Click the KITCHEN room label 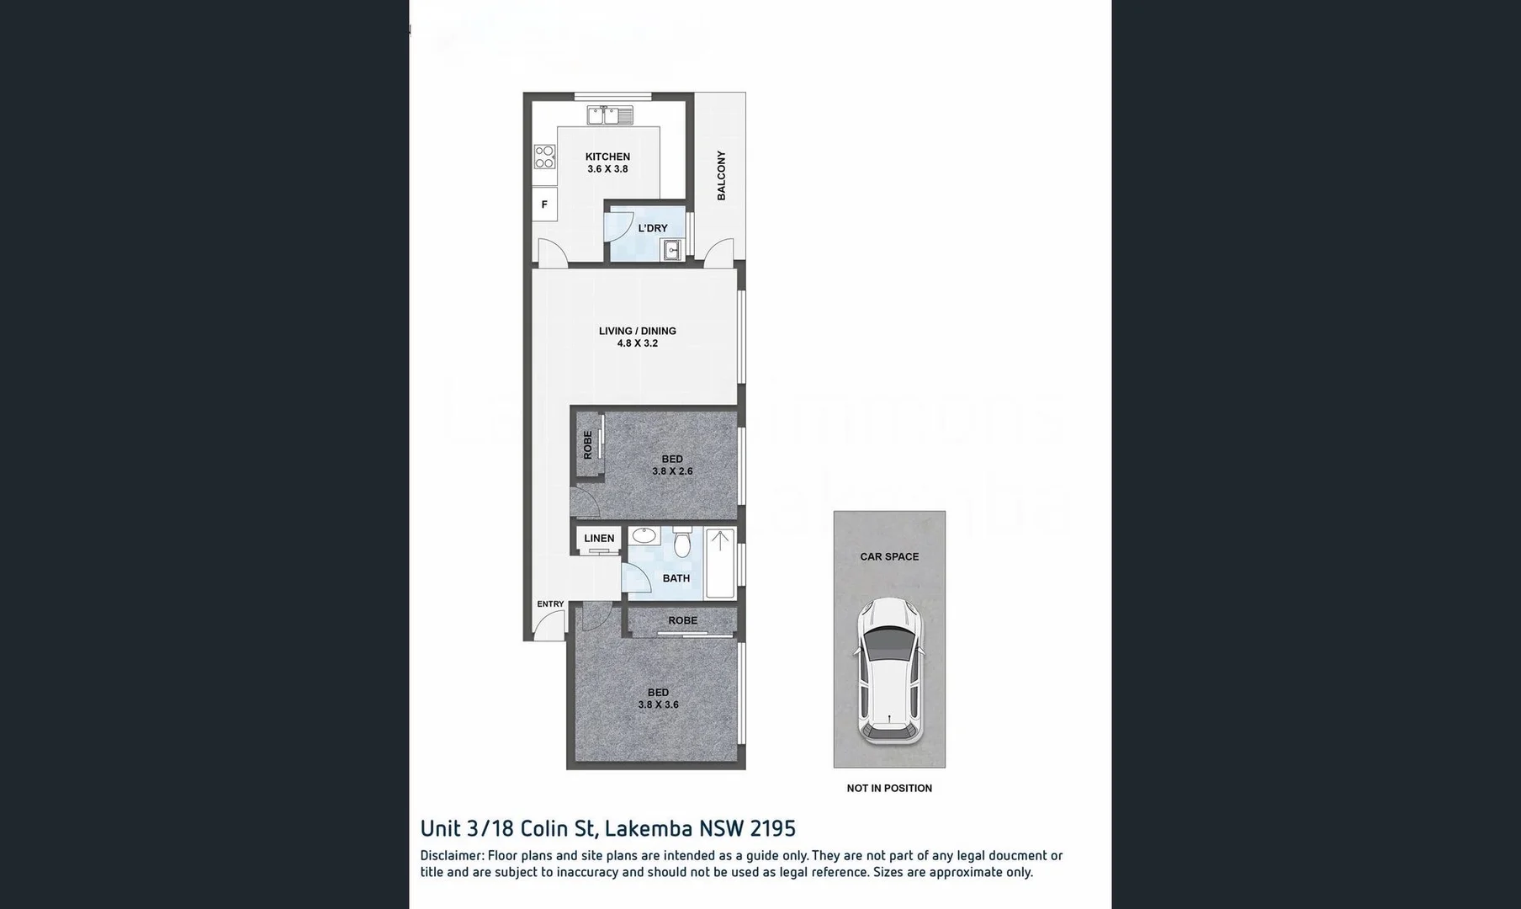[x=607, y=157]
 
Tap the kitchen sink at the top [x=610, y=115]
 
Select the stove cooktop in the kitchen [x=544, y=157]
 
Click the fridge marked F [x=544, y=205]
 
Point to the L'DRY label [x=653, y=228]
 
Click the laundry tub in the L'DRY [x=672, y=250]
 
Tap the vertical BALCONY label [x=721, y=175]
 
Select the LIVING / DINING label [x=637, y=331]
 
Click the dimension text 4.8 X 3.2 [x=637, y=343]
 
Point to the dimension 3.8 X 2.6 [x=672, y=471]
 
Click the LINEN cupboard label [x=599, y=539]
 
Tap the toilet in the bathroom [x=682, y=544]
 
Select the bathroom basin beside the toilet [x=645, y=535]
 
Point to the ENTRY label [x=550, y=604]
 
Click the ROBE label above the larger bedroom [x=682, y=620]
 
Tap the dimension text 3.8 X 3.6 [x=658, y=705]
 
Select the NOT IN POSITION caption [x=889, y=789]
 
